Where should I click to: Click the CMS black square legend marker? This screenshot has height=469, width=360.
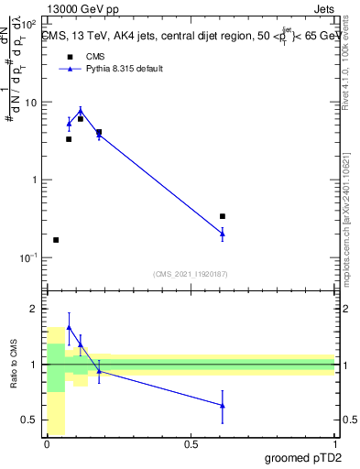pos(70,55)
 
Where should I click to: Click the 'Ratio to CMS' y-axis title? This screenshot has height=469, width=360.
pos(14,364)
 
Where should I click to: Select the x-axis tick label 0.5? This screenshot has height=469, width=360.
pos(191,443)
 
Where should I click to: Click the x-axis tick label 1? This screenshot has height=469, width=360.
pos(334,443)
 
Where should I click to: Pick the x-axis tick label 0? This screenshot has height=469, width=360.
pos(47,443)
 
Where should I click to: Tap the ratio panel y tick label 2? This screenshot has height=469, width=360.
pos(35,310)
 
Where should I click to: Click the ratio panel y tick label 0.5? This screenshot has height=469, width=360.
pos(30,420)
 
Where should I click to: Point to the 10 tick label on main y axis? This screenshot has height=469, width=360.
pos(30,103)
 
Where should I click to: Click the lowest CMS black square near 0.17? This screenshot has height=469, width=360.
pos(56,240)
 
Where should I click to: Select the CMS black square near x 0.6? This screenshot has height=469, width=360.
pos(223,216)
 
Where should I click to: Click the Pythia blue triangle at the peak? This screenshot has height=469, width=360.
pos(81,112)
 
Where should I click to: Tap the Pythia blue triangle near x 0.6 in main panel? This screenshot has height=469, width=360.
pos(223,234)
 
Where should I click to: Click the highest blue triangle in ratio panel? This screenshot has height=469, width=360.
pos(69,327)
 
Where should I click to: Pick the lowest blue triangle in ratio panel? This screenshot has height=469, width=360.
pos(223,405)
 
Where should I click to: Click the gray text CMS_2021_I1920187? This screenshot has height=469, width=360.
pos(190,273)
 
